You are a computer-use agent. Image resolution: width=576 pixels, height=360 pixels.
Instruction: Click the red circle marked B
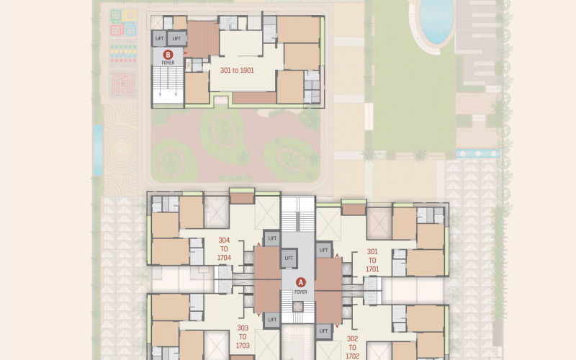pos(168,55)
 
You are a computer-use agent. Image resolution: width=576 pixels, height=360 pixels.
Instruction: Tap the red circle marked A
pos(301,282)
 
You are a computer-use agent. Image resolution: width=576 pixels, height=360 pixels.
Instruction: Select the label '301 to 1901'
pos(237,70)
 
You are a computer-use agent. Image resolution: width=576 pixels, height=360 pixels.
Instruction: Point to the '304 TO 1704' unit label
pos(224,248)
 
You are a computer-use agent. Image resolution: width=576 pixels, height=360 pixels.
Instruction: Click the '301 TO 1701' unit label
pos(372,261)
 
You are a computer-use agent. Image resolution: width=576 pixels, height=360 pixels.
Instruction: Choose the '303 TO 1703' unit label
pos(243,336)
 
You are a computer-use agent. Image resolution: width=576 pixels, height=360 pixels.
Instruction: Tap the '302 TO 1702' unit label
pos(352,347)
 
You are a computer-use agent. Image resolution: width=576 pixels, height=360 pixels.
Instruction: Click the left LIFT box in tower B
pos(159,39)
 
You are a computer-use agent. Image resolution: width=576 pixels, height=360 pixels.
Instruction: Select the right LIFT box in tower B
pos(176,39)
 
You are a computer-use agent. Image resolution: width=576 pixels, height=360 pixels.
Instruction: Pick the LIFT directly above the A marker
pos(289,258)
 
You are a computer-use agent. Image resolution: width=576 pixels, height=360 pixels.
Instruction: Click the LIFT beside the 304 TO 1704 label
pos(272,238)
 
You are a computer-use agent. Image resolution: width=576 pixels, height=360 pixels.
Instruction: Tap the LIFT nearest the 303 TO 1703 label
pos(272,320)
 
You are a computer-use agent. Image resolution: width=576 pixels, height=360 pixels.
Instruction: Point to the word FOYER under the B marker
pos(168,63)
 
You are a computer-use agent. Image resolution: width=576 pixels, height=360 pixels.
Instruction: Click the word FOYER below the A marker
pos(300,292)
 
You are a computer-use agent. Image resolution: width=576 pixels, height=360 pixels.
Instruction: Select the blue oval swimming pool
pos(436,20)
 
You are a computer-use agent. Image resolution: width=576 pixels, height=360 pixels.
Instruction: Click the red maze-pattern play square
pos(123,84)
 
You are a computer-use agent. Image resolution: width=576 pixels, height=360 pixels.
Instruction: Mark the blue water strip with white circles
pos(478,153)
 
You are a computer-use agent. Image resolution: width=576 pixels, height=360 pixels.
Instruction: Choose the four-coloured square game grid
pos(123,23)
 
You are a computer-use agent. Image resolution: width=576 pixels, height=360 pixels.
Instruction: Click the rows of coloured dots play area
pos(123,53)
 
